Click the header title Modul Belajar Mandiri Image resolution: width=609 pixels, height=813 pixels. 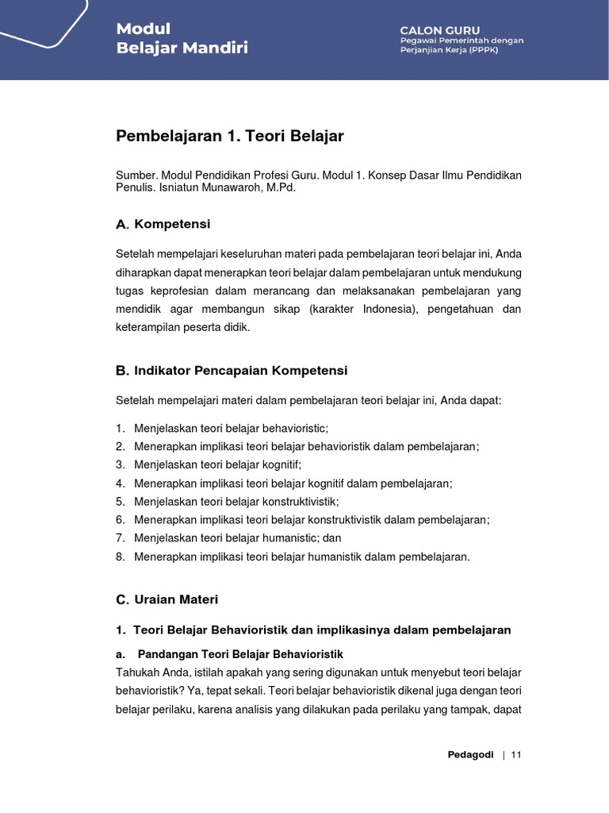182,38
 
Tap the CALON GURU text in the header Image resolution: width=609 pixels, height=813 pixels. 439,29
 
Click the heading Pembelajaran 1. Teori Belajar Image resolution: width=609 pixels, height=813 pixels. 229,136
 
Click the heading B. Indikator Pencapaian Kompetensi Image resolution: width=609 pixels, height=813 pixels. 231,371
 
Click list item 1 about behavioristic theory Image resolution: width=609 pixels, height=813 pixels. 230,428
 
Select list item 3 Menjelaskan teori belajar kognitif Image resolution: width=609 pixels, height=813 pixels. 217,464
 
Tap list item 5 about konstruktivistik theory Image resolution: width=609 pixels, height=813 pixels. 236,502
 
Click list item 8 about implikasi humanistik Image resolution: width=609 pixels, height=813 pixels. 301,557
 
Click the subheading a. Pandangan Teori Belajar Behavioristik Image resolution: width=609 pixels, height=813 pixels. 239,654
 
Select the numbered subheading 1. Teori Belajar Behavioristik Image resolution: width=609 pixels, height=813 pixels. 313,630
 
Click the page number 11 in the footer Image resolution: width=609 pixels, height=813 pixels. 516,754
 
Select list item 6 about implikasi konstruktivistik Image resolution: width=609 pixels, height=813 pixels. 312,520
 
